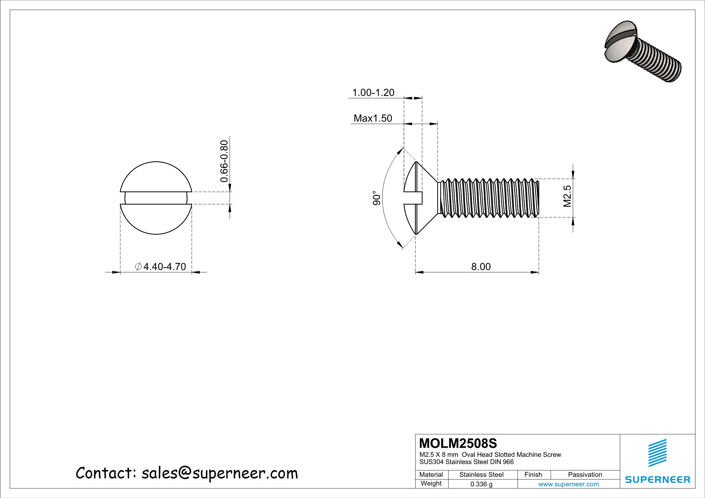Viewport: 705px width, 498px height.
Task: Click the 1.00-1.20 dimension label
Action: [373, 93]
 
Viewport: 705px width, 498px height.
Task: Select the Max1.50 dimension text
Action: [373, 118]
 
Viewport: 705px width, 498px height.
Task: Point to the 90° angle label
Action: [377, 198]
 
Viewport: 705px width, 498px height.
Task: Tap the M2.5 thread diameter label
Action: [567, 196]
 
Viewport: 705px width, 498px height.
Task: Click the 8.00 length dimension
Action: [481, 267]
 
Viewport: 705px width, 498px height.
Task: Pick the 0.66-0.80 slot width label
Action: [224, 161]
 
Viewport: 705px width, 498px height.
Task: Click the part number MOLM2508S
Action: [458, 443]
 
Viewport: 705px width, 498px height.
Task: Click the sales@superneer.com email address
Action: [220, 473]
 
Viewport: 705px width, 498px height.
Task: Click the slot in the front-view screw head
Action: [156, 198]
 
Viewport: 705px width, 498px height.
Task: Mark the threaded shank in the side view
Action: [488, 198]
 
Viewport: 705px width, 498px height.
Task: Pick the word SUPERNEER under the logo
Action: [658, 480]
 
